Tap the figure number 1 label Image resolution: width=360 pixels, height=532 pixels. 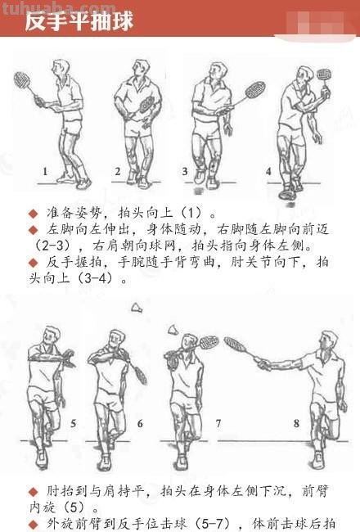coord(46,172)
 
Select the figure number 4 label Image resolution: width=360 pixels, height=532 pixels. coord(268,172)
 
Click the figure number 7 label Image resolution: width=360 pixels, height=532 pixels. coord(218,423)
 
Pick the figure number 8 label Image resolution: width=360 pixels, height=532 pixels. coord(296,423)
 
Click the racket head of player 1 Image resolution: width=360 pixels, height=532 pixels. coord(22,81)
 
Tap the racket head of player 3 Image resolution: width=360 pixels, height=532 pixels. coord(254,89)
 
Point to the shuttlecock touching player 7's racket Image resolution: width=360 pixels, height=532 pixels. coord(173,329)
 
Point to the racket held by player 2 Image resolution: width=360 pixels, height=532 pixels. coord(146,104)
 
